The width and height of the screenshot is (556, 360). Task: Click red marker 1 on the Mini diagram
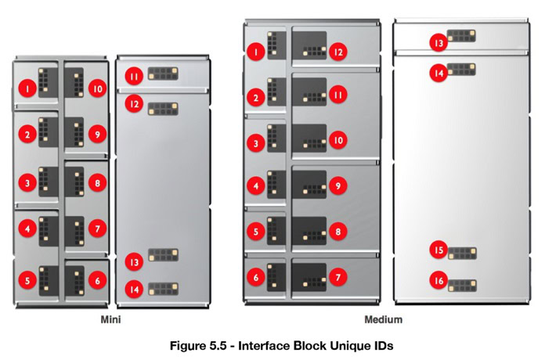(27, 89)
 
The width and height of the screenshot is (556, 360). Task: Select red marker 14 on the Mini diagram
(135, 290)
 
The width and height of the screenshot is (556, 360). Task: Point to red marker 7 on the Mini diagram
(97, 229)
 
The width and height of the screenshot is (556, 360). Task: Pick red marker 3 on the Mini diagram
(27, 184)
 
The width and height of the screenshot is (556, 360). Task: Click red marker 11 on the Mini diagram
(135, 76)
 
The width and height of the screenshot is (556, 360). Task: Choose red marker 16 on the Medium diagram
(439, 279)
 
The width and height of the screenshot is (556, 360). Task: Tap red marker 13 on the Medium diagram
(439, 44)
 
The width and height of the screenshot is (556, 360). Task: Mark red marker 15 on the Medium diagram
(439, 250)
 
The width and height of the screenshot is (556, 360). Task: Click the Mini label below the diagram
(110, 320)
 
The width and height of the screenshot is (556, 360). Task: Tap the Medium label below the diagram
(384, 320)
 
